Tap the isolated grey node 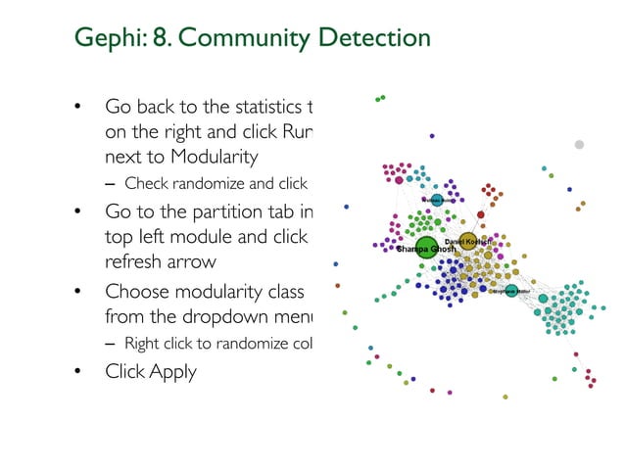tap(579, 144)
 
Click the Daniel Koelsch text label tap(467, 241)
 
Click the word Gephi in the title tap(105, 38)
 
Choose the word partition tap(213, 212)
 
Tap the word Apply tap(172, 371)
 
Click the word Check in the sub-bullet tap(146, 183)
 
